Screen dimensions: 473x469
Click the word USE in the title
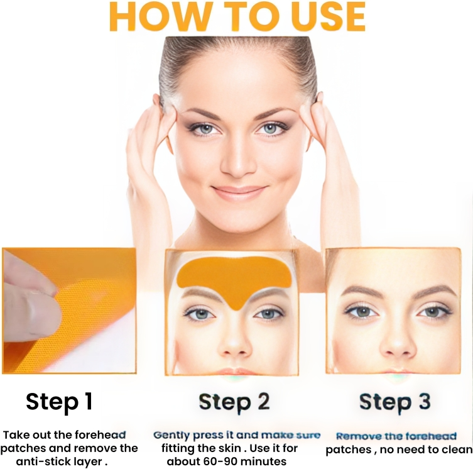[x=329, y=16]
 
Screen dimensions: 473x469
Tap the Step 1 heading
[x=59, y=401]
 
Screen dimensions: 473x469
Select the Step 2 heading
[x=234, y=402]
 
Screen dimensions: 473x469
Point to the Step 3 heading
[x=395, y=402]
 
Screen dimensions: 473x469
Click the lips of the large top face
[x=239, y=192]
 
